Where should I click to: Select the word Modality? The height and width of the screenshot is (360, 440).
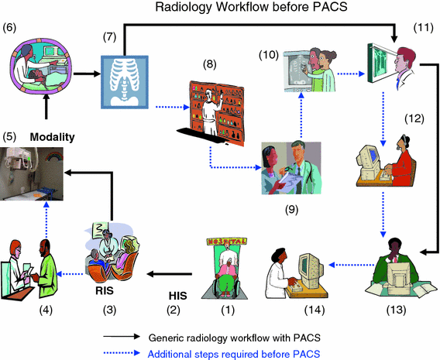click(51, 137)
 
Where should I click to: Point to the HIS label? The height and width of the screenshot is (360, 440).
click(177, 295)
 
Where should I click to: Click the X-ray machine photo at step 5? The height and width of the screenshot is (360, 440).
click(32, 175)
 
